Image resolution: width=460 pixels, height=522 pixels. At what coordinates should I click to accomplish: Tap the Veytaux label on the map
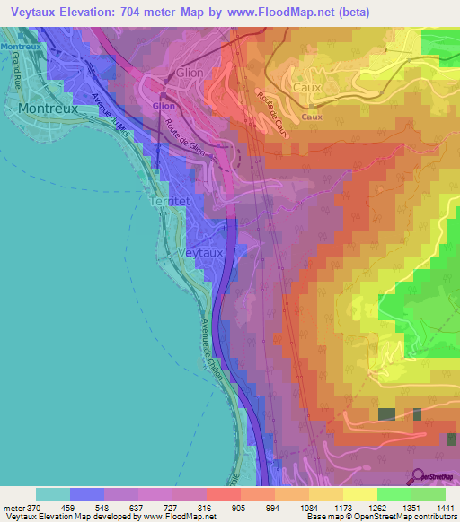pos(201,254)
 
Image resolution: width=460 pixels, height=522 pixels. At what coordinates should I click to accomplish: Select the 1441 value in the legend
pos(443,509)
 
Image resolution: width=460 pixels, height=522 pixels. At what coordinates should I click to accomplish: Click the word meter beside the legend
pos(11,509)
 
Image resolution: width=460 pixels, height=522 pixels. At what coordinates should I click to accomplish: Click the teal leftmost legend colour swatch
pos(53,494)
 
